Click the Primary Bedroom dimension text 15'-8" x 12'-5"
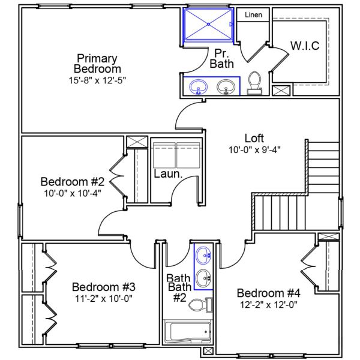(98, 79)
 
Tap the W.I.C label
(304, 46)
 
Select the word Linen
(253, 15)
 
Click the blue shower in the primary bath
(208, 25)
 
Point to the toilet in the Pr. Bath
(254, 83)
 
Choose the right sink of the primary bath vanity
(226, 88)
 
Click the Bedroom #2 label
(73, 181)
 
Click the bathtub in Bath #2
(187, 331)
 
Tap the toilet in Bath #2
(199, 306)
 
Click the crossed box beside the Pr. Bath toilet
(280, 91)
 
